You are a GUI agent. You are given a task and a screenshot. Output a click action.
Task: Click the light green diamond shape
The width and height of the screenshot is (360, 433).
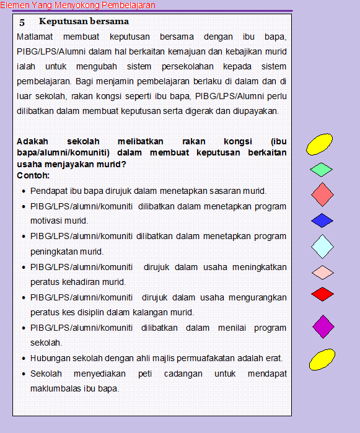(x=321, y=169)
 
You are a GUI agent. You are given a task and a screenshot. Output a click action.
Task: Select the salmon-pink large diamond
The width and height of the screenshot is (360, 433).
(x=322, y=195)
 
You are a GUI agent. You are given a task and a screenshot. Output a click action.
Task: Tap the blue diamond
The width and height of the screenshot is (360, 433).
(x=322, y=220)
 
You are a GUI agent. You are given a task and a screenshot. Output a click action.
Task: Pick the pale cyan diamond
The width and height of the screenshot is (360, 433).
(x=322, y=246)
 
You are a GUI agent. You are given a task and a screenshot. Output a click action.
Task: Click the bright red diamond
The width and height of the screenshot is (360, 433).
(x=322, y=294)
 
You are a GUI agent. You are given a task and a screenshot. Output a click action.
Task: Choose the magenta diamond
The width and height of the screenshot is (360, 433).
(x=323, y=326)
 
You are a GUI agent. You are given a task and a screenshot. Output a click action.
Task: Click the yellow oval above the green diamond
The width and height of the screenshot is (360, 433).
(x=321, y=144)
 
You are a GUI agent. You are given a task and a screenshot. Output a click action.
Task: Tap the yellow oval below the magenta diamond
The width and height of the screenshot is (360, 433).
(x=322, y=359)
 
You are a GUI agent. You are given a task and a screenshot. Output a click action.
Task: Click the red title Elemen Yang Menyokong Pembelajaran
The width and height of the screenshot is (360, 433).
(x=77, y=5)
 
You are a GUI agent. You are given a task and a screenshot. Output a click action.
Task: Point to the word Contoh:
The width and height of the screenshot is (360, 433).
(x=34, y=175)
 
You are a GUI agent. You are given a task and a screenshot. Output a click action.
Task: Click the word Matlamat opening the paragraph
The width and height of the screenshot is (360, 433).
(x=35, y=37)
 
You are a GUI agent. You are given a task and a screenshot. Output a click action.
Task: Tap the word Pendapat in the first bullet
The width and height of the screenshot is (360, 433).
(x=48, y=191)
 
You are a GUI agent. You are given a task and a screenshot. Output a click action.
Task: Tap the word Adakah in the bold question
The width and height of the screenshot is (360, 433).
(x=32, y=141)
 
